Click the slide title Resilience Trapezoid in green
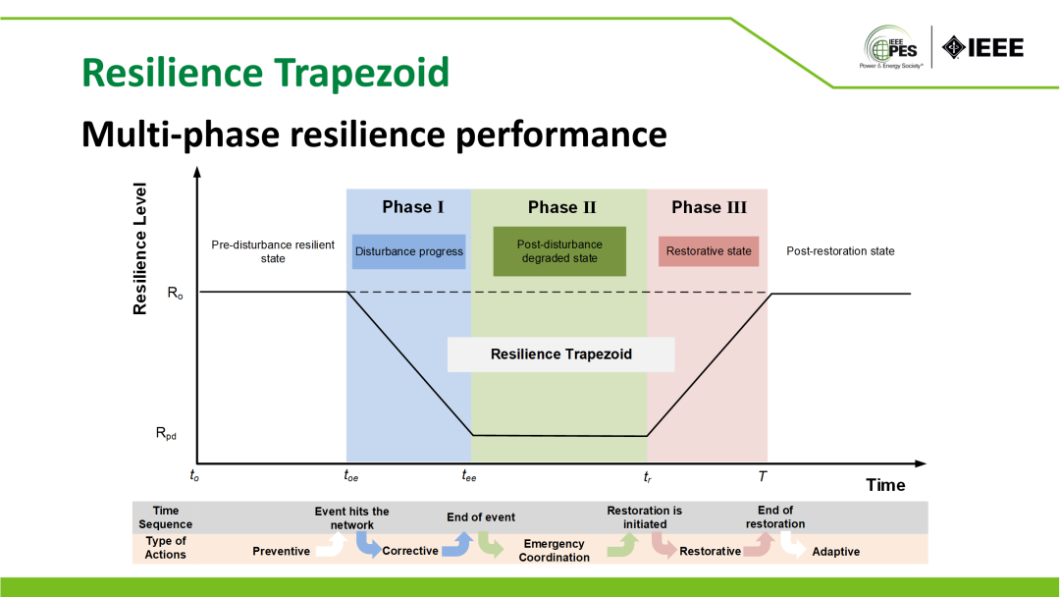pyautogui.click(x=265, y=72)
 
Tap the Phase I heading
pyautogui.click(x=413, y=207)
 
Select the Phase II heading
pyautogui.click(x=561, y=207)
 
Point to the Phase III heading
pyautogui.click(x=709, y=207)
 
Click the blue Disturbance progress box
pyautogui.click(x=408, y=251)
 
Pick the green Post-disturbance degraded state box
pyautogui.click(x=559, y=251)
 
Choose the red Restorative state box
pyautogui.click(x=709, y=251)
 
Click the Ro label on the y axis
pyautogui.click(x=175, y=293)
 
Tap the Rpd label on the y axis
pyautogui.click(x=167, y=433)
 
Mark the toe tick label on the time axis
pyautogui.click(x=350, y=476)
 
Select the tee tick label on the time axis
pyautogui.click(x=468, y=476)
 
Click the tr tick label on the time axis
pyautogui.click(x=648, y=476)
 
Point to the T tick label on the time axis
pyautogui.click(x=763, y=476)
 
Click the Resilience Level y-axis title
pyautogui.click(x=140, y=248)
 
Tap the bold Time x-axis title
pyautogui.click(x=885, y=485)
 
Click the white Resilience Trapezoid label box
pyautogui.click(x=560, y=354)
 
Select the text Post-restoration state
pyautogui.click(x=840, y=251)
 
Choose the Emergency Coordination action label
pyautogui.click(x=555, y=550)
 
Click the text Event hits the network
pyautogui.click(x=351, y=517)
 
